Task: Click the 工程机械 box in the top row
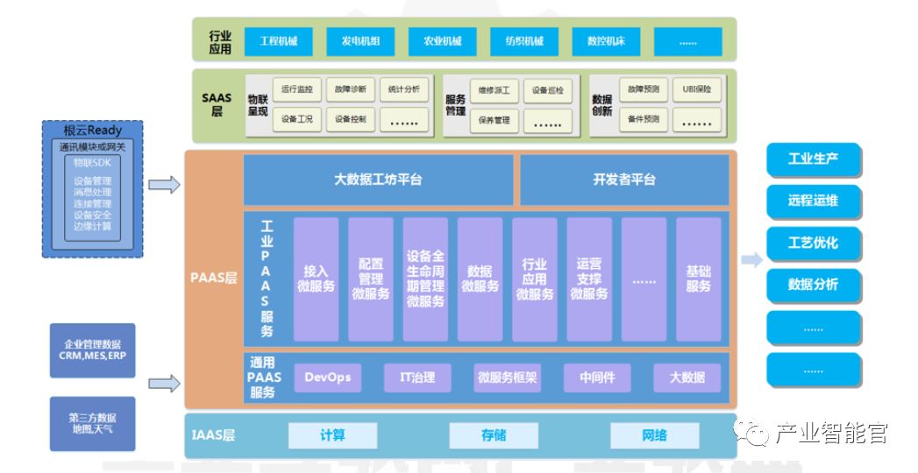278,41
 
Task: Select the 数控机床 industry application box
606,41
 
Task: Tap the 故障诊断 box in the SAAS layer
351,89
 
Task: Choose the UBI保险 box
697,89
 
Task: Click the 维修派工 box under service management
494,90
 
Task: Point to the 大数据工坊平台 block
378,180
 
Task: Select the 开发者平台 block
623,180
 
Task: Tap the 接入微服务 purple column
316,279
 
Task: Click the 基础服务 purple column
698,279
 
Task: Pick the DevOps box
327,378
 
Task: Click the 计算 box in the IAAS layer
332,435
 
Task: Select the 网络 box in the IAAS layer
654,435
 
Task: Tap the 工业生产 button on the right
813,159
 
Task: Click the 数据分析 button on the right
813,285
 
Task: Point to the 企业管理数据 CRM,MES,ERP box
92,350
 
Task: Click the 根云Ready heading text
92,131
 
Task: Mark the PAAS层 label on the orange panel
214,279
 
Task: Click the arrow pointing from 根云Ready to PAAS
164,185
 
